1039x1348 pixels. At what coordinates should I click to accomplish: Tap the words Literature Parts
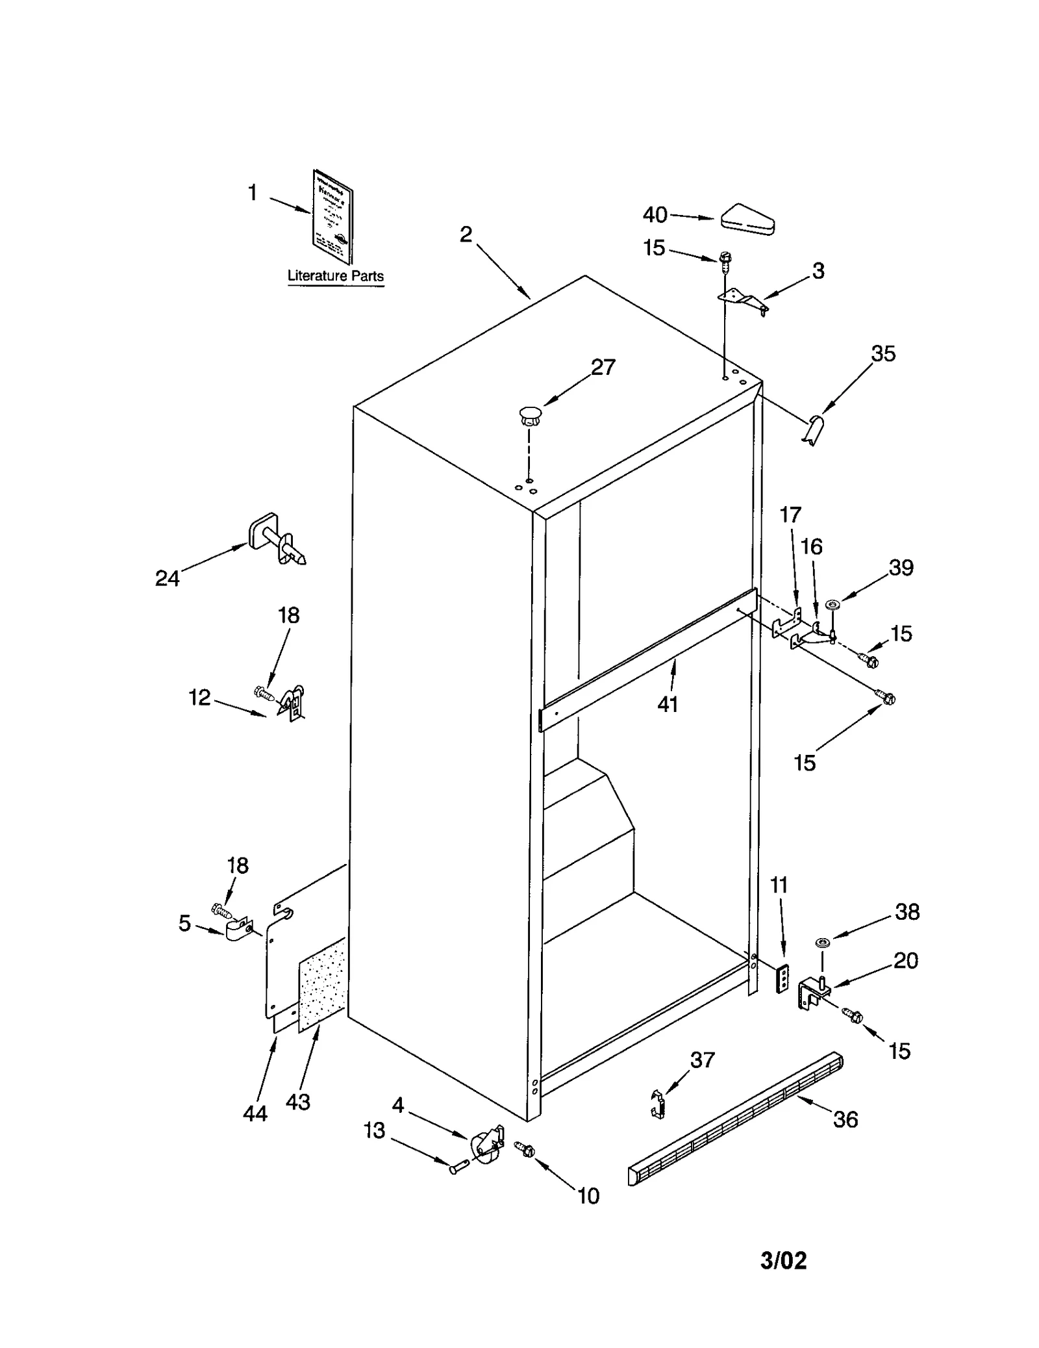[x=335, y=275]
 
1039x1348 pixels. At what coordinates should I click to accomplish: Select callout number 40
[x=655, y=214]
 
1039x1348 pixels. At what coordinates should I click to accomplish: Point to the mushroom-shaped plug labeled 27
[x=530, y=415]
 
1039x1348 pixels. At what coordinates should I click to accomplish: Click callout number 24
[x=167, y=578]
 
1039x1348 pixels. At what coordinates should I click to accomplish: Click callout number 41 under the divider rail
[x=668, y=704]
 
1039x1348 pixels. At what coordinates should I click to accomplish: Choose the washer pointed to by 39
[x=832, y=605]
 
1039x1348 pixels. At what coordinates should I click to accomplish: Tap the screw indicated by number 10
[x=524, y=1149]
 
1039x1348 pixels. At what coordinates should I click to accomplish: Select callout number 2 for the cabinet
[x=466, y=235]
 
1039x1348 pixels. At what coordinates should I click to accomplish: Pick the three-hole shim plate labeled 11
[x=784, y=978]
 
